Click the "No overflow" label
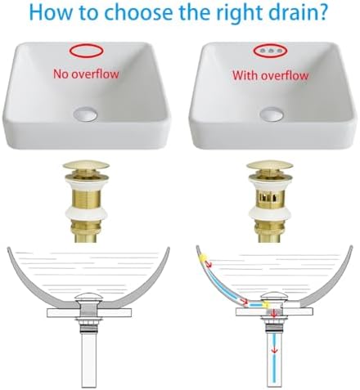point(86,74)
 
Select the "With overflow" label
point(270,75)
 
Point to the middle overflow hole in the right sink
point(270,51)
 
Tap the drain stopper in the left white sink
point(85,114)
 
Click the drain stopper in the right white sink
point(271,114)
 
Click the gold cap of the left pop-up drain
point(86,165)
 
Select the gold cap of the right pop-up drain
point(270,166)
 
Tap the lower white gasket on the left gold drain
point(86,215)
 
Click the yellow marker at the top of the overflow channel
point(204,258)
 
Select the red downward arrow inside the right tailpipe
point(275,350)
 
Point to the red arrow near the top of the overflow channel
point(210,264)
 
